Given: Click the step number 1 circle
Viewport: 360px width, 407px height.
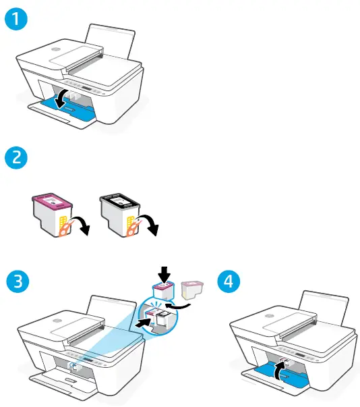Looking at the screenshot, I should tap(16, 21).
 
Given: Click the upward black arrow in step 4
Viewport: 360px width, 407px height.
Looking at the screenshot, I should tap(279, 368).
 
